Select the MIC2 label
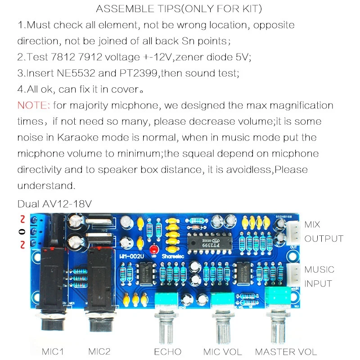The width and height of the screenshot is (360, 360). pos(99,351)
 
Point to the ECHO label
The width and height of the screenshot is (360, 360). pos(167,351)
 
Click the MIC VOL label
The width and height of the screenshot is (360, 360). pos(222,351)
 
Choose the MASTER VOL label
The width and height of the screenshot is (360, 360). pos(286,351)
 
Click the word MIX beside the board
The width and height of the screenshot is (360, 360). pos(313,225)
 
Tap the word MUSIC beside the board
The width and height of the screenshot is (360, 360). pos(319,270)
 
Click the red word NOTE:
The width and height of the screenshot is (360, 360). pos(34,105)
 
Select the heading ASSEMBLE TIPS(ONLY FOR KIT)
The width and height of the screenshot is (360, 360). pos(179,9)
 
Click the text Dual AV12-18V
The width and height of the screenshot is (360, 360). pos(54,204)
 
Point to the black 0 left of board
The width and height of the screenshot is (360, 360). pos(21,232)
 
